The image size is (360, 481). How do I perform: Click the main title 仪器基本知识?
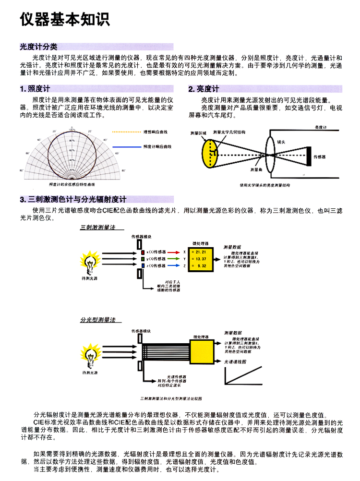tap(65, 19)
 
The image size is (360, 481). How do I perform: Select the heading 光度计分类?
tap(38, 47)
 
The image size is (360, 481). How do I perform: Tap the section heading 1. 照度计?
tap(35, 89)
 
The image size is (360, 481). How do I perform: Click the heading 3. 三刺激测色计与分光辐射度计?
tap(73, 199)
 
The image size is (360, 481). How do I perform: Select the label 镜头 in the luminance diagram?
tap(281, 143)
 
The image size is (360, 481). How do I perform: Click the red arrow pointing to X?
tap(173, 252)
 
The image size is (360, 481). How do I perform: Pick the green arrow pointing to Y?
tap(173, 259)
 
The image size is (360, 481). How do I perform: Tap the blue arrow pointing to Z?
tap(173, 265)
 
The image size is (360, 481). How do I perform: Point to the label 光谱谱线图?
tap(235, 361)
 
